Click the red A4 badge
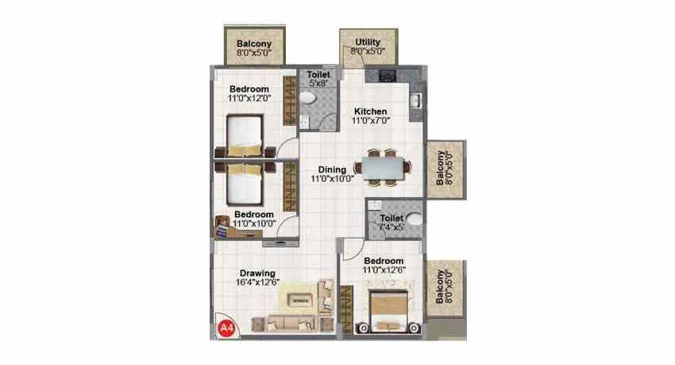[226, 327]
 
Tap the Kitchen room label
[370, 111]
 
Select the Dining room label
[331, 169]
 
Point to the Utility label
[368, 42]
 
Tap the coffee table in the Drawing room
[300, 301]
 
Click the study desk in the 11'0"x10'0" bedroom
[226, 228]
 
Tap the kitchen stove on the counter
[387, 76]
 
